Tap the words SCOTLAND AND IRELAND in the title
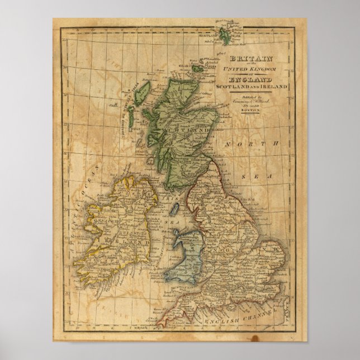[258, 88]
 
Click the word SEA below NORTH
[260, 176]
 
